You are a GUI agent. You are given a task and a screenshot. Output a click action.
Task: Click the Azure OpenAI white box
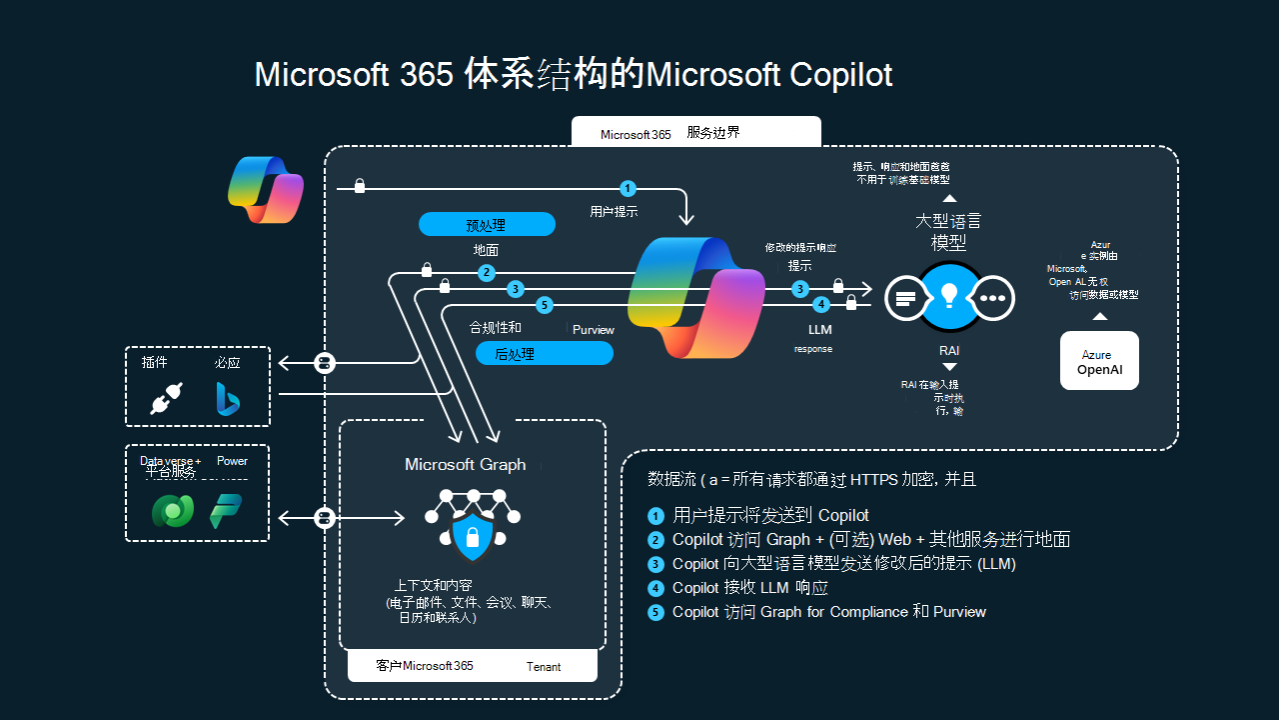(x=1099, y=360)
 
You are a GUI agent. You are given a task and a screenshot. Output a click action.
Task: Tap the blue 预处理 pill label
(x=487, y=224)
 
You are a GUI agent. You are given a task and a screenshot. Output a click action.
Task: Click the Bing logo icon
(x=228, y=398)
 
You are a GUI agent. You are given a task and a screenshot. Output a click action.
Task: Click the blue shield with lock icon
(x=473, y=538)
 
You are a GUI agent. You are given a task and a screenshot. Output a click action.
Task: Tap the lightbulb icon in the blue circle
(x=949, y=296)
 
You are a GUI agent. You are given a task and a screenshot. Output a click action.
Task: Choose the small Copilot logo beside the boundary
(x=266, y=188)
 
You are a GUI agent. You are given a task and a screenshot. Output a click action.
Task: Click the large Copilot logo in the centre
(x=695, y=297)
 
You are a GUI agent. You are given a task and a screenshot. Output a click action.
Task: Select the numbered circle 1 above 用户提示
(x=628, y=188)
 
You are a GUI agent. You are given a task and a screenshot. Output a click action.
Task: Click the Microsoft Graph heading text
(x=465, y=465)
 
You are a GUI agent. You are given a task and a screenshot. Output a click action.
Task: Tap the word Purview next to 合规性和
(x=594, y=329)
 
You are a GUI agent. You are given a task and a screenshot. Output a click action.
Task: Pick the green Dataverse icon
(x=173, y=511)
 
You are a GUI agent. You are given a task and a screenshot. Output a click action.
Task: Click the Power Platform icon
(x=226, y=511)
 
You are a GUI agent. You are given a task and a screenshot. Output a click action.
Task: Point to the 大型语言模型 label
(x=948, y=231)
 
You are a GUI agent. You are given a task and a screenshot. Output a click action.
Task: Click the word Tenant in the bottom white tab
(x=545, y=667)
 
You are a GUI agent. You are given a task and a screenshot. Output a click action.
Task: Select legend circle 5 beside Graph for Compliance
(x=655, y=612)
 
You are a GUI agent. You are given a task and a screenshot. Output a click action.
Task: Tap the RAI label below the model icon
(x=949, y=351)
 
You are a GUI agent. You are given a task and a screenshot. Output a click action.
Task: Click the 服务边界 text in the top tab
(x=713, y=132)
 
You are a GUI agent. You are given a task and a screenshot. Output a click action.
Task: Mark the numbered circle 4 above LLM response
(x=820, y=304)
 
